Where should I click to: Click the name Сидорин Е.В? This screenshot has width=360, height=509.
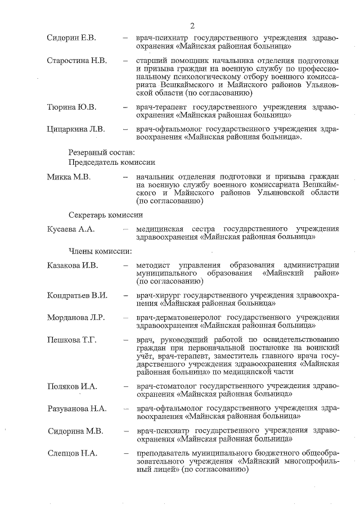coord(71,38)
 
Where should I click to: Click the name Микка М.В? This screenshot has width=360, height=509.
coord(69,177)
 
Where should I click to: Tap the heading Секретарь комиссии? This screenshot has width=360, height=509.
coord(106,214)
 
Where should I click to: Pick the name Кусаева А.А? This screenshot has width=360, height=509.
coord(71,229)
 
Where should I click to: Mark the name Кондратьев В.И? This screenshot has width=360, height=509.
coord(77,295)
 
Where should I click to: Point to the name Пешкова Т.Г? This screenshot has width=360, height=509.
coord(71,340)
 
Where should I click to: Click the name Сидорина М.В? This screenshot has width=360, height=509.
coord(75,431)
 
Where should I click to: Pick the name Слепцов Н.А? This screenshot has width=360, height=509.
coord(71,454)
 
